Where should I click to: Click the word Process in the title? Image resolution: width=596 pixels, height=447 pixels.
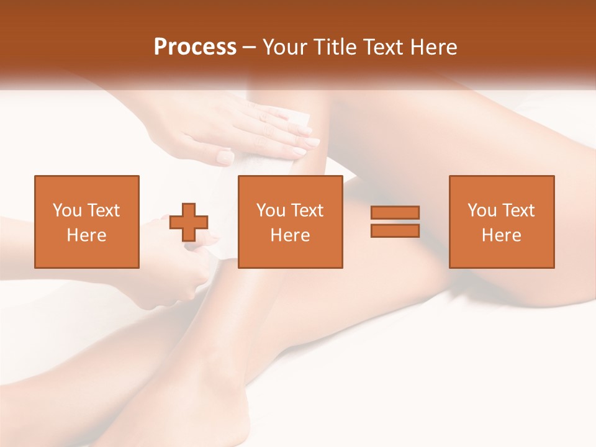(195, 47)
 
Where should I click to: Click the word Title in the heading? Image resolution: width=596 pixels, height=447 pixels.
(335, 47)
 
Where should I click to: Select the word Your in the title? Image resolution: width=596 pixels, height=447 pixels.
(286, 47)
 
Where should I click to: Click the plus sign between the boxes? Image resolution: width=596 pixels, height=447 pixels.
(189, 222)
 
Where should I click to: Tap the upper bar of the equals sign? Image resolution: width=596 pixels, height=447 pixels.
(395, 212)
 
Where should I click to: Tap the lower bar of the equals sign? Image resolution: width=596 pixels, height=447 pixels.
(395, 231)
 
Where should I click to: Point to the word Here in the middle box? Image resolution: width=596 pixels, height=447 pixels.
(291, 235)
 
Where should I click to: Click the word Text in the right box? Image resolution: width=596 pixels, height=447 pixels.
(518, 210)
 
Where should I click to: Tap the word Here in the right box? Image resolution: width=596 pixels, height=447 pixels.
(502, 235)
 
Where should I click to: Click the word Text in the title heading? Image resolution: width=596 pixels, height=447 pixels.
(383, 47)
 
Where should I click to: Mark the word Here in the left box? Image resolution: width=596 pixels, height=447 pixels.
(87, 235)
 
